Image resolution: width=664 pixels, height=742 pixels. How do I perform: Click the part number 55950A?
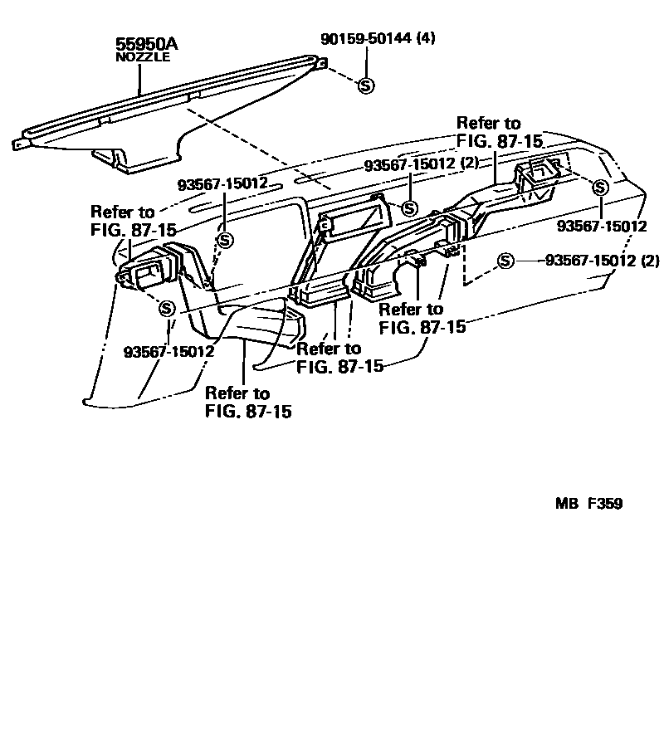142,45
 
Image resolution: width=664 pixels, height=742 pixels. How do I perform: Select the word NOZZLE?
142,58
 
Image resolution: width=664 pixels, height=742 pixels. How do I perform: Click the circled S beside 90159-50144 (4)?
366,85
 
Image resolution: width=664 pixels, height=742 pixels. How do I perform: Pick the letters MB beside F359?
566,503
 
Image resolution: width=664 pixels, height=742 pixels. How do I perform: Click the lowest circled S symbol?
167,308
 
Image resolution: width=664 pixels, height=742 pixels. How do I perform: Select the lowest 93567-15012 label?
169,351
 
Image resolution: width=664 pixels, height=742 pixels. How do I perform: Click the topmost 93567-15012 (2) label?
422,164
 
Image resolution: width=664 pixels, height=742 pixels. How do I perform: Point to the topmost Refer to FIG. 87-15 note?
489,133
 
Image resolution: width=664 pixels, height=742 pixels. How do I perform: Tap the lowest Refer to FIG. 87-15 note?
248,402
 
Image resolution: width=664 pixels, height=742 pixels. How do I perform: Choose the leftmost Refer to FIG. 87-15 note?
123,221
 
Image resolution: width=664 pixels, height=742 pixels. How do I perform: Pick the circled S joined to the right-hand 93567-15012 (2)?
505,262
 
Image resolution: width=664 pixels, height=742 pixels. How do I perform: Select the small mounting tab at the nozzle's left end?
17,144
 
